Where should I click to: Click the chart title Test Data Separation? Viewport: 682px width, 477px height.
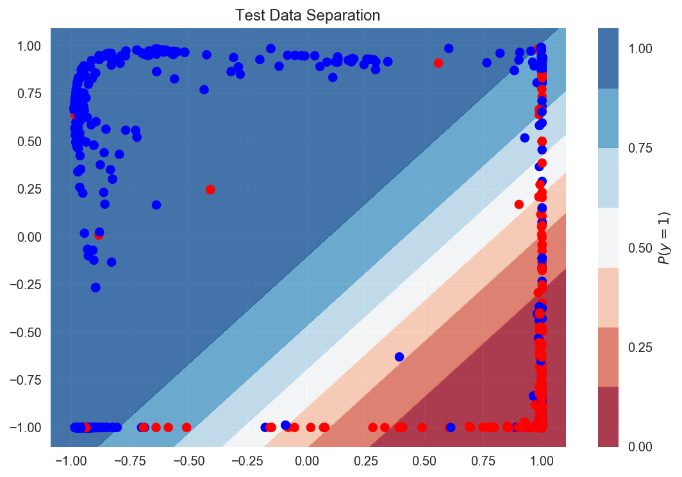308,15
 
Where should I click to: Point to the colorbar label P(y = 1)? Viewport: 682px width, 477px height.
667,238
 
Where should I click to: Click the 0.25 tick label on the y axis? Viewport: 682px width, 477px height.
29,189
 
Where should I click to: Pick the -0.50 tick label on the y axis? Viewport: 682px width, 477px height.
26,332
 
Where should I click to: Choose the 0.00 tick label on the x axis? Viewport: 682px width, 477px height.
306,462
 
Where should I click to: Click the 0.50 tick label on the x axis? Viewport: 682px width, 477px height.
424,462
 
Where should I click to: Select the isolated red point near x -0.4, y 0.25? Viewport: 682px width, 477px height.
210,189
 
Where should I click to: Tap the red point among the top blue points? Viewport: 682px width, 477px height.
438,63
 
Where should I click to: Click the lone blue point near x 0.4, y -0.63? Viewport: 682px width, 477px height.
399,356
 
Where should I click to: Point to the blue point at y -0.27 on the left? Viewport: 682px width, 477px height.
96,287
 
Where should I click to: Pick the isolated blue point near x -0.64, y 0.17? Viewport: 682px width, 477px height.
156,205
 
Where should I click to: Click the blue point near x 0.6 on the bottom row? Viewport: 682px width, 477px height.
451,427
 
